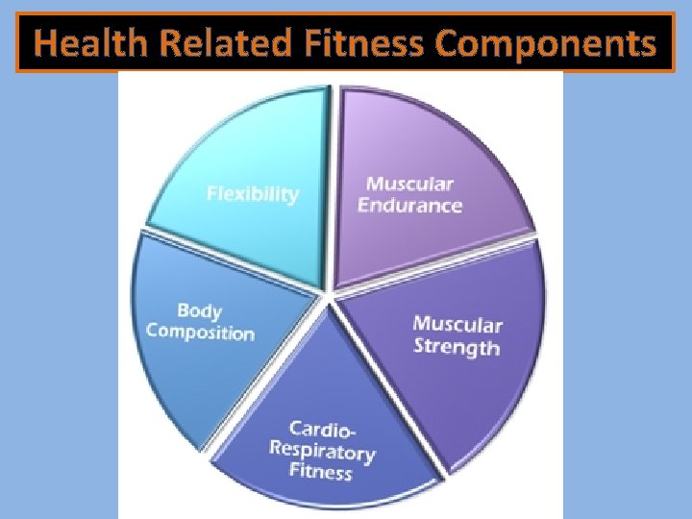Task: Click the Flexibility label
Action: pyautogui.click(x=253, y=194)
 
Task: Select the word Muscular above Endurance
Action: pyautogui.click(x=409, y=184)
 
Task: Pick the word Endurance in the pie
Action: pyautogui.click(x=409, y=205)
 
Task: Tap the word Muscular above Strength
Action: pyautogui.click(x=457, y=325)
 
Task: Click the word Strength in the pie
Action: pyautogui.click(x=457, y=346)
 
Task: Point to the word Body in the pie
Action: pyautogui.click(x=200, y=311)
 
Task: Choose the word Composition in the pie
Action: pyautogui.click(x=200, y=333)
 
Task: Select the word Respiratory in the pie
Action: pyautogui.click(x=322, y=450)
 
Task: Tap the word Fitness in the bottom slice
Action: pyautogui.click(x=321, y=471)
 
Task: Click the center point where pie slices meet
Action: pyautogui.click(x=330, y=295)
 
